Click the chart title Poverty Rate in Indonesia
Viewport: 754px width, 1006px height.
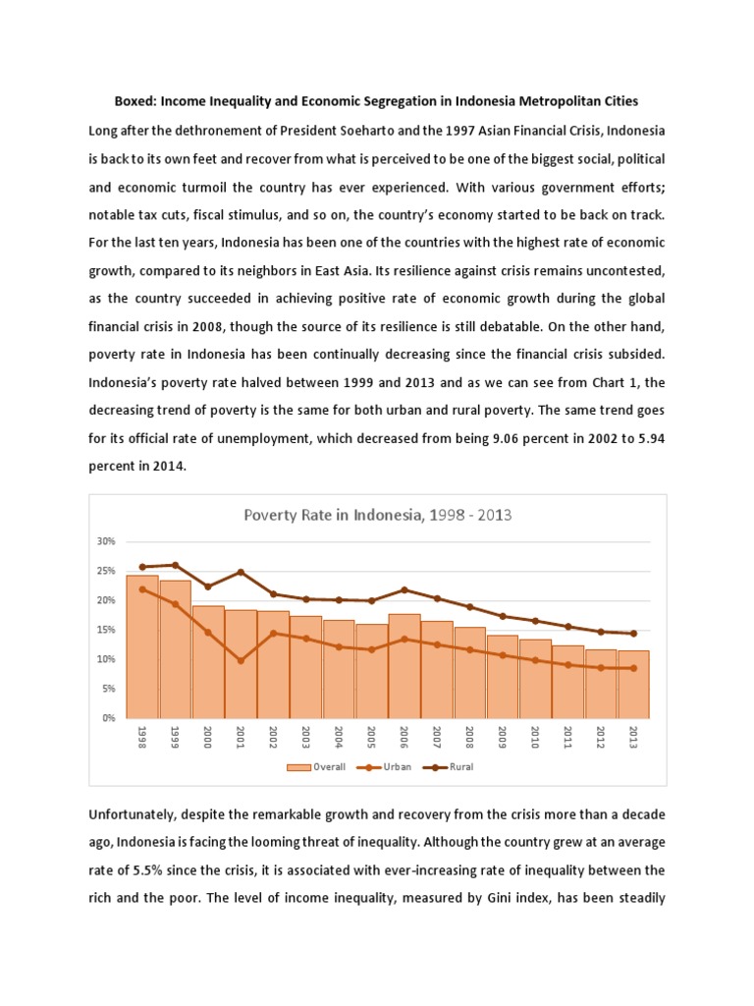(377, 515)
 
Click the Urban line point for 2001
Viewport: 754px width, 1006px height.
(241, 660)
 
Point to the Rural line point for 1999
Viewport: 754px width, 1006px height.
(176, 565)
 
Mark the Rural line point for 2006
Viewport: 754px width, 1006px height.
(404, 589)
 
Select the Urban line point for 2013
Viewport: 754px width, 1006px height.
(633, 668)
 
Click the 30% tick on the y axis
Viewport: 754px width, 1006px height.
(106, 541)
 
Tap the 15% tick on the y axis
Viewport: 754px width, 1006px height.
(106, 630)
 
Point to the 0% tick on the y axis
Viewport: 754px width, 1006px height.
(108, 718)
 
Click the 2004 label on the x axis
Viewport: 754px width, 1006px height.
(340, 739)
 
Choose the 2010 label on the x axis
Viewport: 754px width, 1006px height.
(536, 739)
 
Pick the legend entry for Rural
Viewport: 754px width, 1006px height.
(451, 766)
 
